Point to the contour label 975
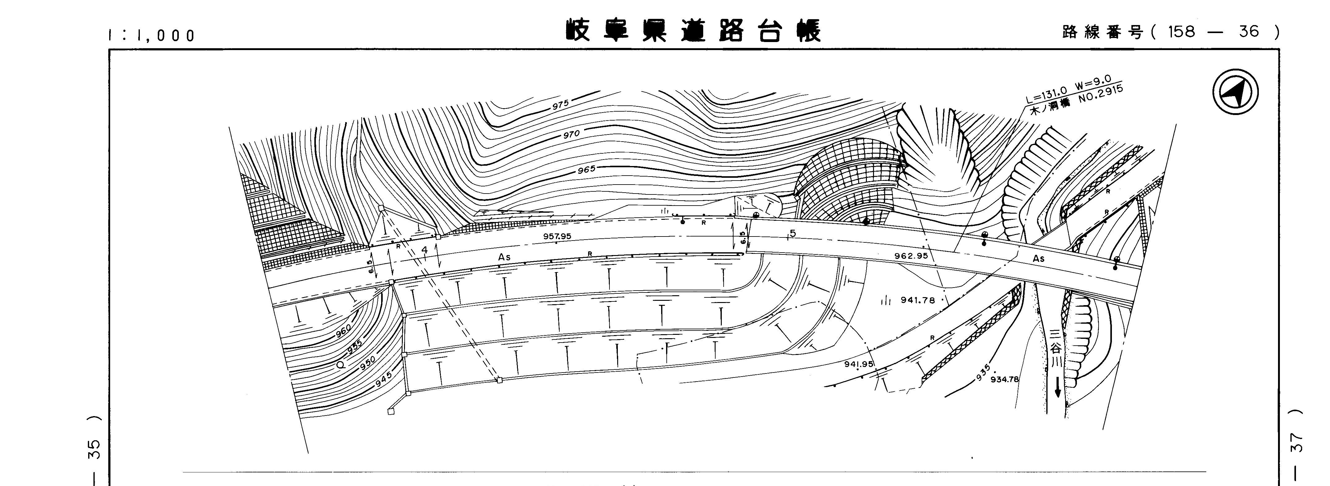pyautogui.click(x=560, y=105)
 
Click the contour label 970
pyautogui.click(x=571, y=134)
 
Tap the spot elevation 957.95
pyautogui.click(x=557, y=236)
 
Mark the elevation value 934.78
pyautogui.click(x=1004, y=380)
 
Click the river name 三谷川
pyautogui.click(x=1057, y=349)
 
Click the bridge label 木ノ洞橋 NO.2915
pyautogui.click(x=1077, y=104)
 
